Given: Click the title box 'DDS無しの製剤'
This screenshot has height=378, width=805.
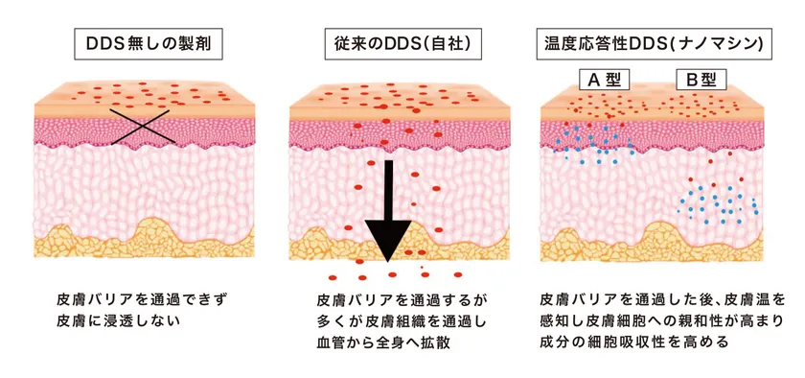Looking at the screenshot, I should pyautogui.click(x=142, y=43).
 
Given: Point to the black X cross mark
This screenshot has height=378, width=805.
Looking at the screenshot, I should pyautogui.click(x=141, y=127).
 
